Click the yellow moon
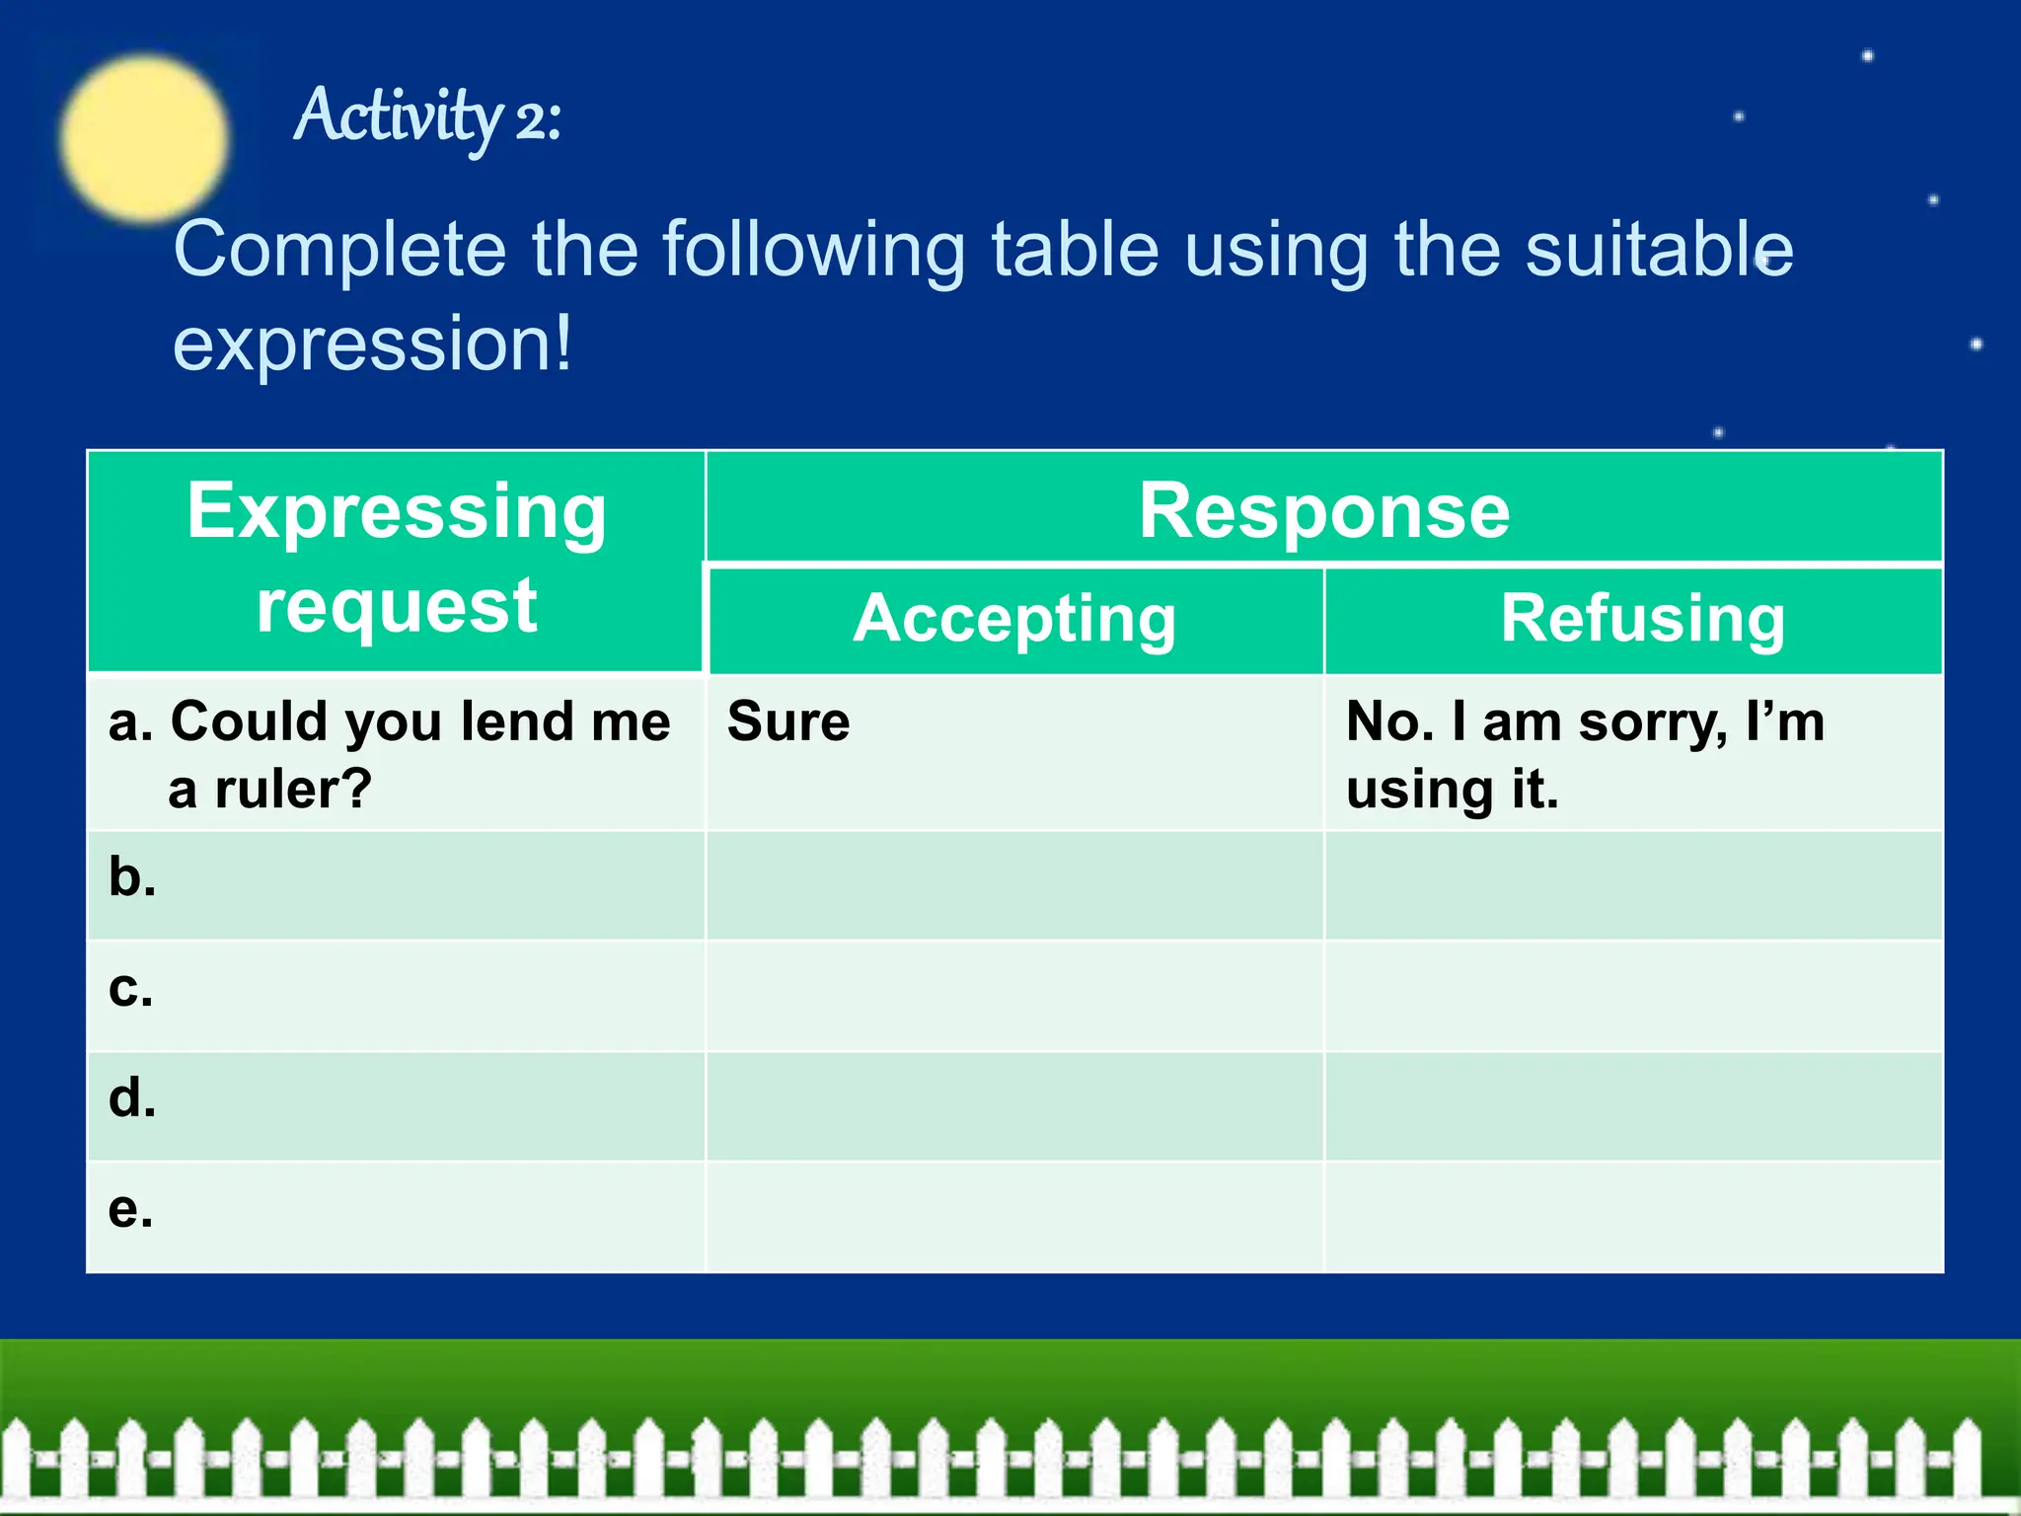[x=144, y=138]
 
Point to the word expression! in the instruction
[x=372, y=343]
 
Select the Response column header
[x=1323, y=510]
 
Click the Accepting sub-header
[x=1014, y=619]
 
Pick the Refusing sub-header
[x=1642, y=619]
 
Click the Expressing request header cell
[x=397, y=559]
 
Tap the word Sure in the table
[x=788, y=721]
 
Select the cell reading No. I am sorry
[x=1585, y=754]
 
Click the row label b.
[x=132, y=876]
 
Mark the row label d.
[x=132, y=1098]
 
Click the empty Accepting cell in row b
[x=1014, y=885]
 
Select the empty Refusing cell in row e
[x=1633, y=1217]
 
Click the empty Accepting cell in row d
[x=1014, y=1106]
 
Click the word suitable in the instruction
[x=1658, y=250]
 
